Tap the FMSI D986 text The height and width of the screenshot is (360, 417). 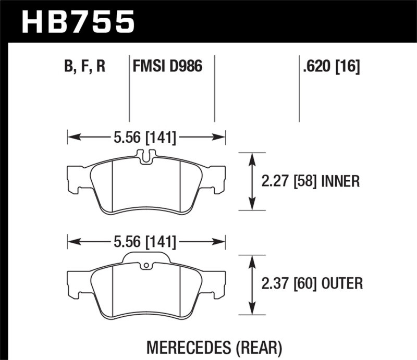point(167,67)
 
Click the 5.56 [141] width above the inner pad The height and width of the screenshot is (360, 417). point(145,138)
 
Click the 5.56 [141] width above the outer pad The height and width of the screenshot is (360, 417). point(145,242)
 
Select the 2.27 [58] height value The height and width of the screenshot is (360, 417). point(289,181)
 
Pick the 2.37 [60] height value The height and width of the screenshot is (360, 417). point(289,284)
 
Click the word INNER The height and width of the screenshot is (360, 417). point(340,181)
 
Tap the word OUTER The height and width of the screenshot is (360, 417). point(342,284)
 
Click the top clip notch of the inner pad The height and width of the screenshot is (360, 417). point(146,155)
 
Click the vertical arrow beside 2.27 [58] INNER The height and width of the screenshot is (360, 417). point(253,181)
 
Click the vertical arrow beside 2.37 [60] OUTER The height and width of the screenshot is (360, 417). point(253,284)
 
